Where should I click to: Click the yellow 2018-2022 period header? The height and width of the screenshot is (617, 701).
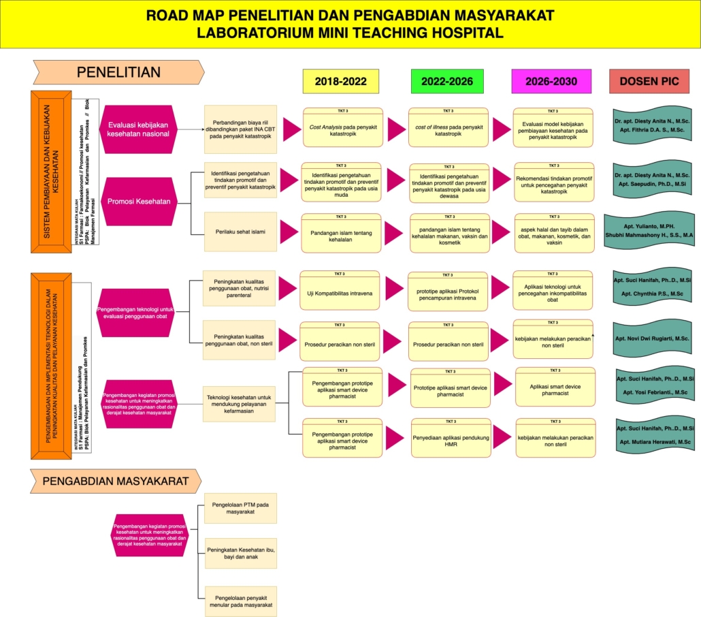[340, 81]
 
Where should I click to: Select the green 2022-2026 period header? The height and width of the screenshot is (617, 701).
[446, 81]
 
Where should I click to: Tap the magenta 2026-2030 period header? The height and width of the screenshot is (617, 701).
[551, 81]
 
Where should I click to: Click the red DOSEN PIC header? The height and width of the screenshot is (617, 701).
[649, 81]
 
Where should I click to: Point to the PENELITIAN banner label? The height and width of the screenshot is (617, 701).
[118, 72]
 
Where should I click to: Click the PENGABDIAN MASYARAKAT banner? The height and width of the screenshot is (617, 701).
[115, 481]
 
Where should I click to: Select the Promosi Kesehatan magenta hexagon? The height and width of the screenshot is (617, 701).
[138, 201]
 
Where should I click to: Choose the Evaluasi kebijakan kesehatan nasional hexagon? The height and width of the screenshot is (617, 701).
[138, 129]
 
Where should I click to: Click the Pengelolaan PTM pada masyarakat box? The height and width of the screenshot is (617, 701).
[240, 509]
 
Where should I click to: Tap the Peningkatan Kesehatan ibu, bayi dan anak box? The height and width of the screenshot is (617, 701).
[240, 553]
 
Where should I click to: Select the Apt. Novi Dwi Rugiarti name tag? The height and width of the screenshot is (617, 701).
[652, 338]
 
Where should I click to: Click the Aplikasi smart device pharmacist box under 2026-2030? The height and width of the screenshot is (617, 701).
[554, 390]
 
